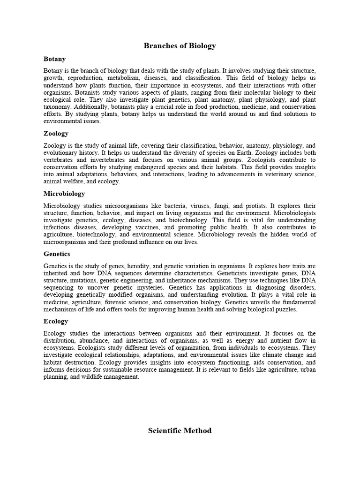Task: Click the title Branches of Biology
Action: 180,45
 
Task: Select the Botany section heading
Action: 54,59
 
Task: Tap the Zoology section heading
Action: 56,134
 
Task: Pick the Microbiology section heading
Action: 64,194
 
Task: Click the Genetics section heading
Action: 57,254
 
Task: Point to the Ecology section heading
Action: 56,321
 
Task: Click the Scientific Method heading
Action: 180,430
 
